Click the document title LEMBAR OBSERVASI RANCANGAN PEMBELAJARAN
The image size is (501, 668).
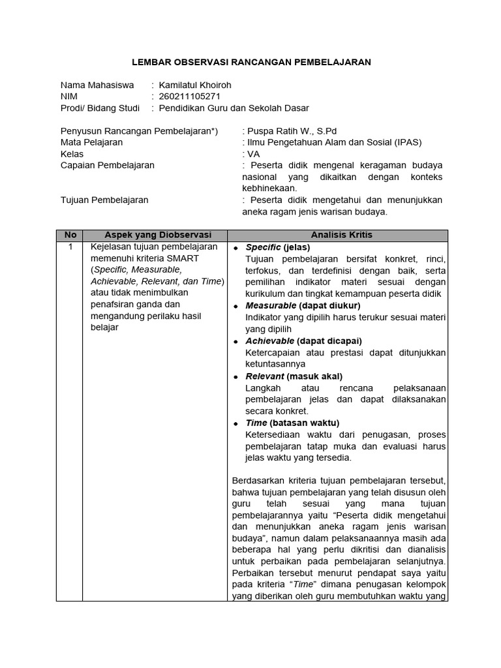pyautogui.click(x=252, y=62)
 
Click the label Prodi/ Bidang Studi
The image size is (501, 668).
pyautogui.click(x=100, y=108)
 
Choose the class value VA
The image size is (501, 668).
pyautogui.click(x=253, y=154)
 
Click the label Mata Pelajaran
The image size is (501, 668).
pyautogui.click(x=91, y=142)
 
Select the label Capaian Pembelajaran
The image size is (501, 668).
pyautogui.click(x=108, y=166)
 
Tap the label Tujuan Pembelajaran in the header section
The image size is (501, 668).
pyautogui.click(x=104, y=200)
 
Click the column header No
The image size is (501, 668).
pyautogui.click(x=70, y=235)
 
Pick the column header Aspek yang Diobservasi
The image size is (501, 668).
pyautogui.click(x=155, y=235)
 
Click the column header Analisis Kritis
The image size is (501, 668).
pyautogui.click(x=337, y=235)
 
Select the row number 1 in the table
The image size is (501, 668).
pyautogui.click(x=70, y=247)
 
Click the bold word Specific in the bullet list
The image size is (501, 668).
pyautogui.click(x=263, y=247)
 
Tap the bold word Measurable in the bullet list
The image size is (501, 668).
pyautogui.click(x=270, y=305)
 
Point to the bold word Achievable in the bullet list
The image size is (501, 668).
pyautogui.click(x=269, y=341)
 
